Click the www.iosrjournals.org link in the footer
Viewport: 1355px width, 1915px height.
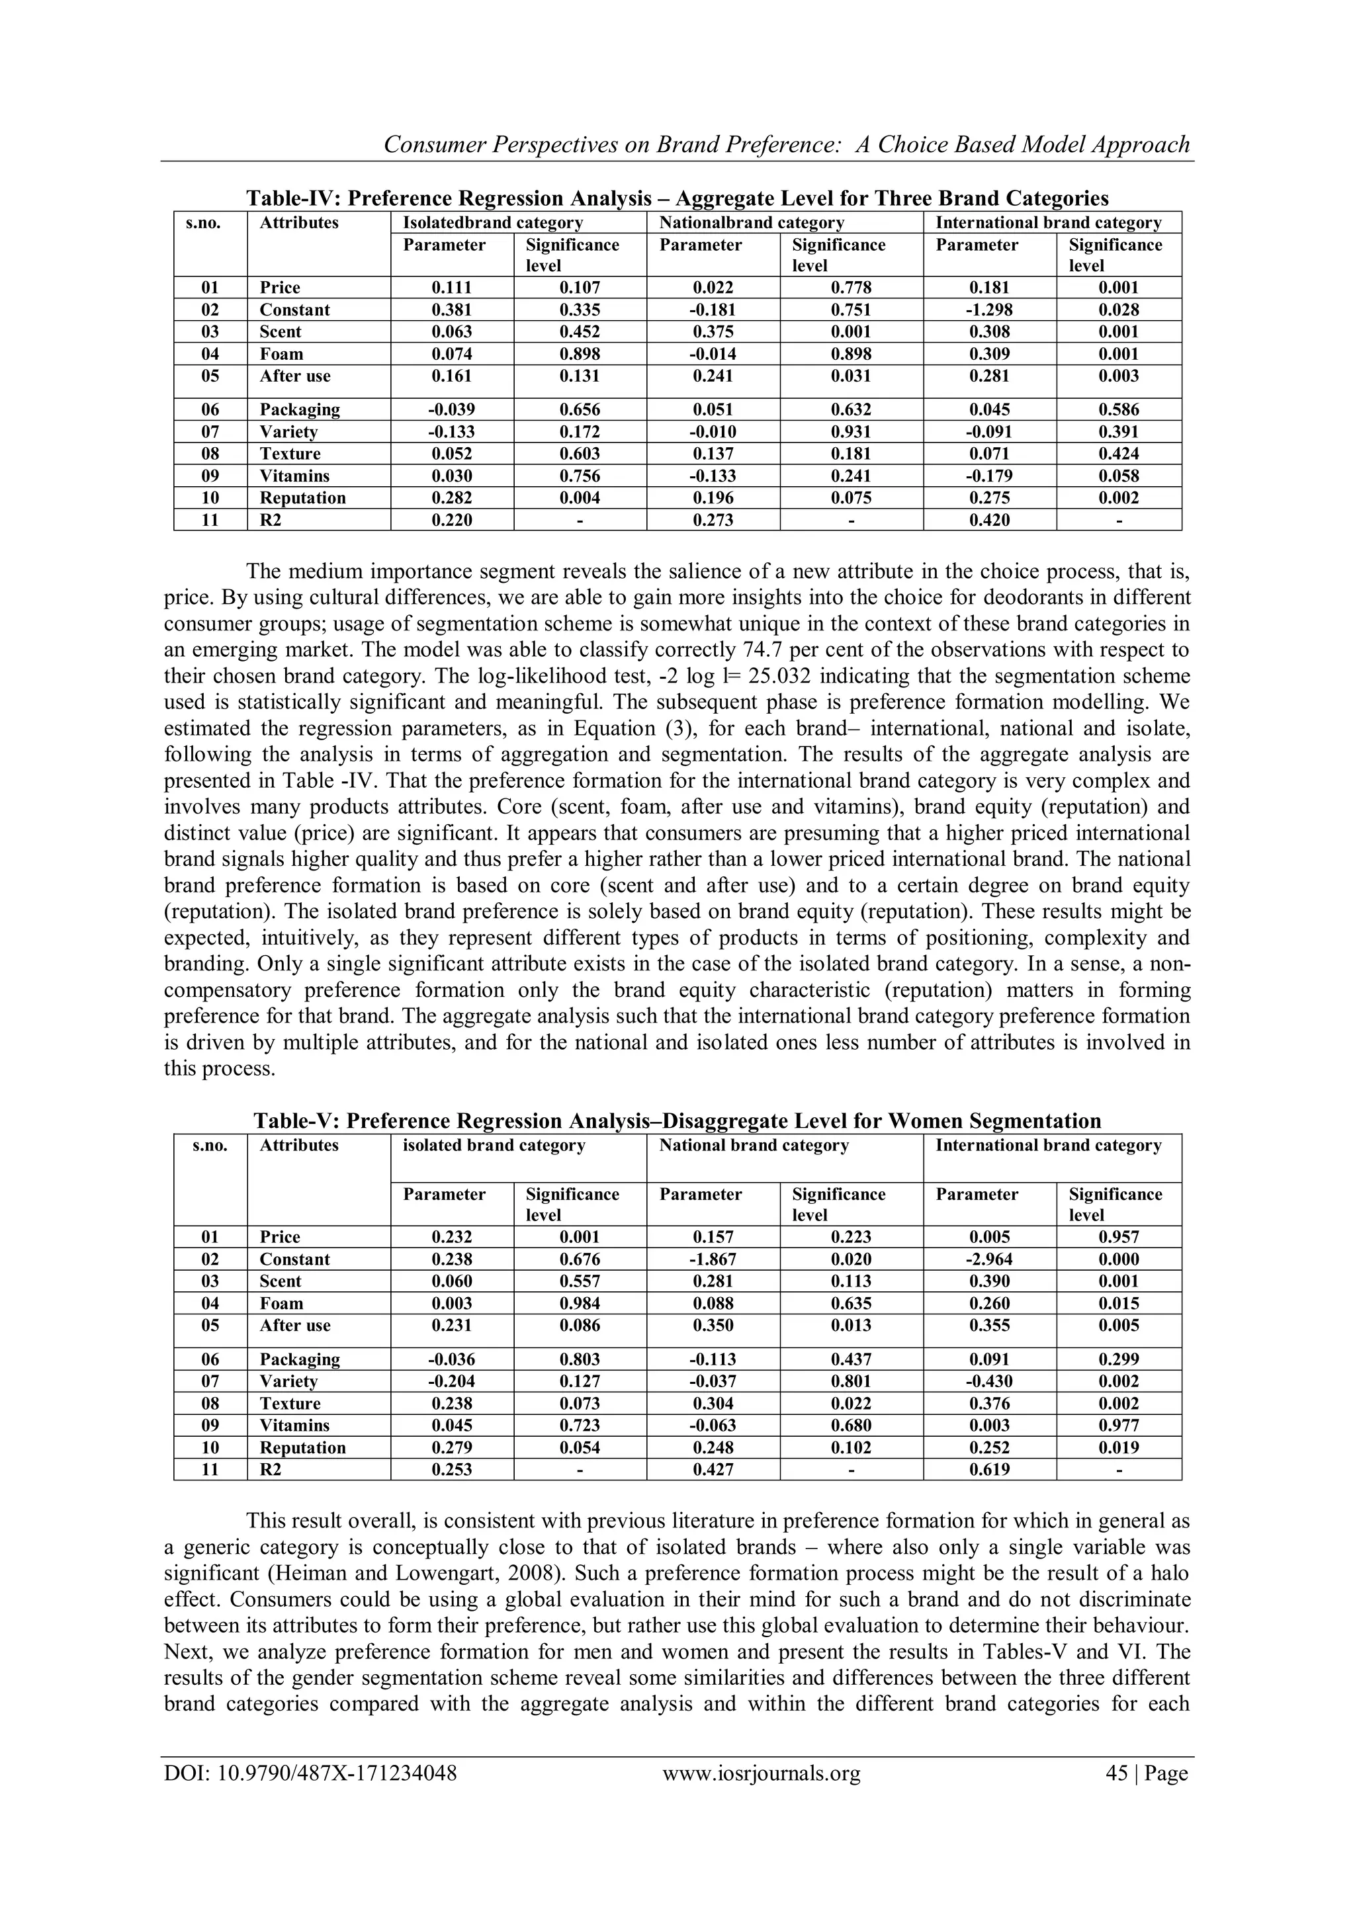tap(761, 1772)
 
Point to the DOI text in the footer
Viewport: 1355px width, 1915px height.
tap(310, 1772)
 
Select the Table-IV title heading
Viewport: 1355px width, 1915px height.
tap(677, 198)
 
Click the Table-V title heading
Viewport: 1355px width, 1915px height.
tap(677, 1121)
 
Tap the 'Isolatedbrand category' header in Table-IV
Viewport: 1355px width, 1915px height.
tap(492, 223)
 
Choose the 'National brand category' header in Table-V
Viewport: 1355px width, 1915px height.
tap(754, 1145)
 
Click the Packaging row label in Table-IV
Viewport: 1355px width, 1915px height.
tap(300, 409)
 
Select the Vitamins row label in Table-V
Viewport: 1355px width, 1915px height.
tap(294, 1426)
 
